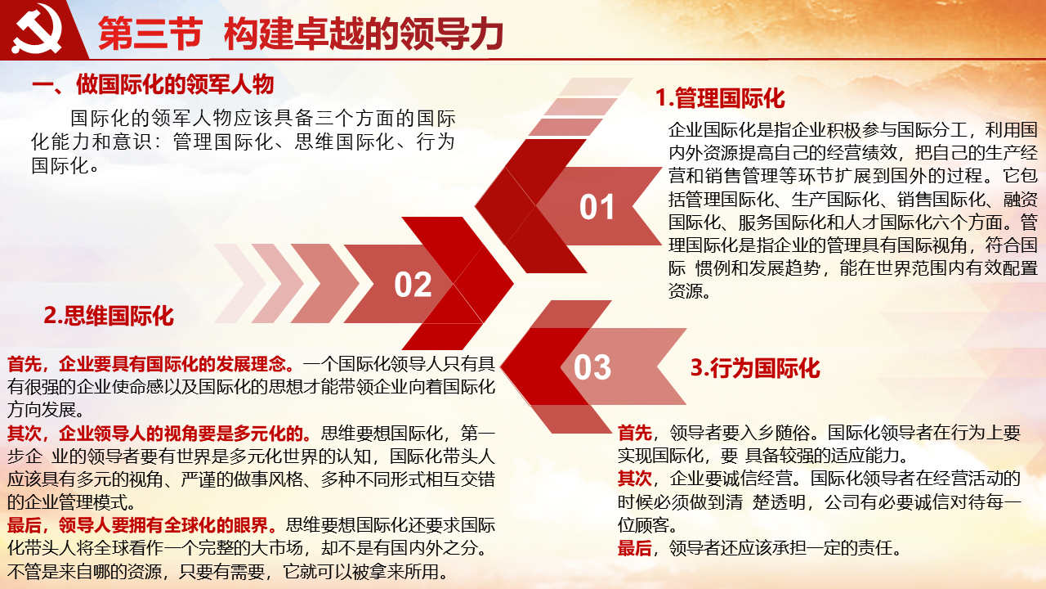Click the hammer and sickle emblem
[x=37, y=29]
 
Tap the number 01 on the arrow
[x=597, y=207]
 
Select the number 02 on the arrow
[x=413, y=284]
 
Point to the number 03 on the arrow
[x=592, y=367]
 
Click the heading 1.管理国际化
[x=720, y=98]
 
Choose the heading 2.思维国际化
[x=109, y=316]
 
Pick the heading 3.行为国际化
[x=755, y=368]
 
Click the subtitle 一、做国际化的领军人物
[x=153, y=84]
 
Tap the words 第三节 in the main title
[x=150, y=34]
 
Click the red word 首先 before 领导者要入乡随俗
[x=635, y=433]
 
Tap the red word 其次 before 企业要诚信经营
[x=635, y=479]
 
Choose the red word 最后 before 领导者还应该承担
[x=635, y=548]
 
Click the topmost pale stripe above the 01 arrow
[x=596, y=87]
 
